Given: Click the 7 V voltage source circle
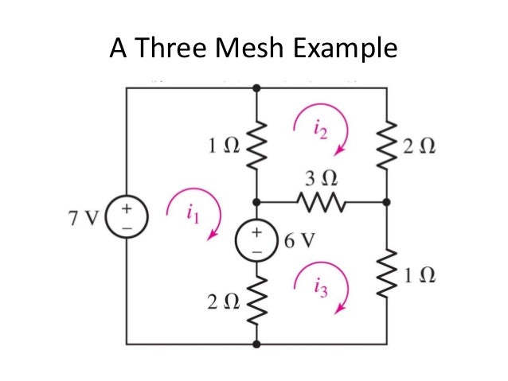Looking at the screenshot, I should (x=127, y=216).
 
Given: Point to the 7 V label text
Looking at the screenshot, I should (x=84, y=217).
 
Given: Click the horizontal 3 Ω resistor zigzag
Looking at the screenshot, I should (x=322, y=202).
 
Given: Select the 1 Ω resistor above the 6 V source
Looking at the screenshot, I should (x=256, y=145).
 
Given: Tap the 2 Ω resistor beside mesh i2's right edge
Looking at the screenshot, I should (x=387, y=145).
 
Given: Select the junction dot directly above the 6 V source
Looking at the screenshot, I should (x=256, y=202).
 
